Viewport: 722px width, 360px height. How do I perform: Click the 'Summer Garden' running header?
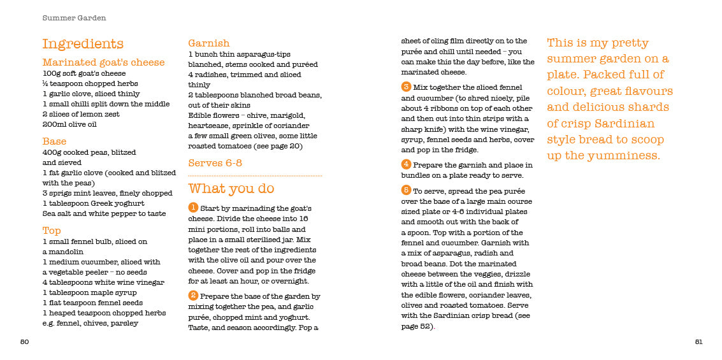pos(74,18)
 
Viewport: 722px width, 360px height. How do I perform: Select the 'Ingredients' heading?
pos(83,44)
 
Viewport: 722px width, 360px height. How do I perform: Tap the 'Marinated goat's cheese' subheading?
pos(103,62)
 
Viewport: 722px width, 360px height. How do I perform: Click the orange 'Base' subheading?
pos(54,141)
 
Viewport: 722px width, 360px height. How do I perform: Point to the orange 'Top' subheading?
pos(52,230)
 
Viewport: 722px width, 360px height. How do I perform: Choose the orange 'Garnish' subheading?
pos(208,43)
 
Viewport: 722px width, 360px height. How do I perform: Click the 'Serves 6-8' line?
pos(215,163)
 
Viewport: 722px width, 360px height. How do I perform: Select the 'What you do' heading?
pos(231,189)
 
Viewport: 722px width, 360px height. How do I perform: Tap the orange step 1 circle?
pos(193,208)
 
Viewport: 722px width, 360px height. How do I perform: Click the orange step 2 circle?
pos(193,296)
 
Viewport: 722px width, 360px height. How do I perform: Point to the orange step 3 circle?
pos(406,87)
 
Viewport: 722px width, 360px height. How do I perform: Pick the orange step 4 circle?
pos(406,164)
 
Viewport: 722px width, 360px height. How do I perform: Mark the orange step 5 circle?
pos(406,190)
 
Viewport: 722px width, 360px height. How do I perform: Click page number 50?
pos(24,342)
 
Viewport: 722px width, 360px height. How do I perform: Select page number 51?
pos(698,342)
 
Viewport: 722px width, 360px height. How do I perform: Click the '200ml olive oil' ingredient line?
pos(69,125)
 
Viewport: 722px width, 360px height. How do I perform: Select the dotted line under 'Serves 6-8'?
pos(255,175)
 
